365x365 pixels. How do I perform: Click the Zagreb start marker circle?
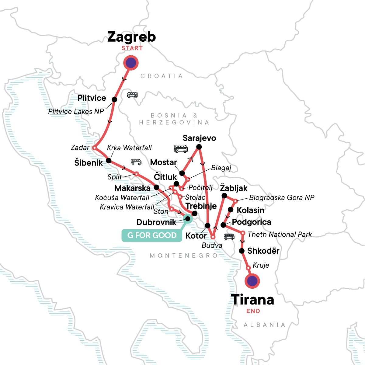131,63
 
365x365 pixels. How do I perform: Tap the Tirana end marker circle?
252,281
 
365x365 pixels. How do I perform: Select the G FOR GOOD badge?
152,235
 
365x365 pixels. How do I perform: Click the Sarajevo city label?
199,138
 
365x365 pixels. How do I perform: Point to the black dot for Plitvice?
114,99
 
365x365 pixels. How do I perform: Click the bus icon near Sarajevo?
181,148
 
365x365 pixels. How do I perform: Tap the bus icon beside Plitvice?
132,95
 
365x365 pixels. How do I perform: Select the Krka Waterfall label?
129,148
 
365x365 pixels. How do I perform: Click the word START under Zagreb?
132,48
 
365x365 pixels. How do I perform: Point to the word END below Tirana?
253,311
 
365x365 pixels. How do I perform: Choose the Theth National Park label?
280,235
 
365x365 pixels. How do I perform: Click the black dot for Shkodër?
242,251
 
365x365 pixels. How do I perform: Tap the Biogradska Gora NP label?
282,198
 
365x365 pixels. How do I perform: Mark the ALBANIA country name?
265,325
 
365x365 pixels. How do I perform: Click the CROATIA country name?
162,76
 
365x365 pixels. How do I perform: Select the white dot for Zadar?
94,148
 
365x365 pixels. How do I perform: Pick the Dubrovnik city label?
156,222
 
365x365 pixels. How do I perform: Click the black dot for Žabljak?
224,196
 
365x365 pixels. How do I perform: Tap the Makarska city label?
132,188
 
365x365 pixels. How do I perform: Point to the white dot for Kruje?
248,268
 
